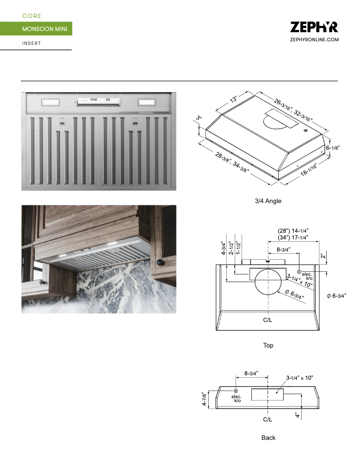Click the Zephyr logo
pos(314,27)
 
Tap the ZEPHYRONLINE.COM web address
pos(314,40)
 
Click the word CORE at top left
pos(31,16)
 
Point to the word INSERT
pos(31,43)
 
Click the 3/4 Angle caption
pos(268,201)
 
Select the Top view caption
pos(268,345)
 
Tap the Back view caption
pos(268,437)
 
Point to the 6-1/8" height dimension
pos(333,148)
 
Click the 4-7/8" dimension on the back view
pos(205,397)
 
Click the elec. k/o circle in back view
pos(236,391)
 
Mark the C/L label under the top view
pos(268,321)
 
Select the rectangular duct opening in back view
pos(268,394)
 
